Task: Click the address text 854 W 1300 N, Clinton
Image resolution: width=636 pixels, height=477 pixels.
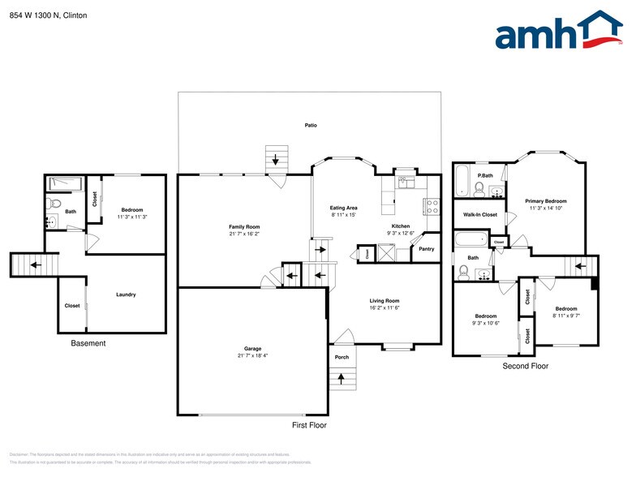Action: [48, 15]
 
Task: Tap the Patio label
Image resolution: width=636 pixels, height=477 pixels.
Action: [311, 125]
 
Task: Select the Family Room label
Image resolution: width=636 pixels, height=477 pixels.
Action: [244, 226]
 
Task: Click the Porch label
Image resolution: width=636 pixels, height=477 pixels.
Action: [342, 357]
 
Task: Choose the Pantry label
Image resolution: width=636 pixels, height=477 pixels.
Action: [426, 249]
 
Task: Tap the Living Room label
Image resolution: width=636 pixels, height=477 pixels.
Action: [385, 301]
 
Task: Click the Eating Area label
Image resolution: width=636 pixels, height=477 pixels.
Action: [343, 208]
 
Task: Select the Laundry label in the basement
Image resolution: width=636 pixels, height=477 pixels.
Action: [126, 294]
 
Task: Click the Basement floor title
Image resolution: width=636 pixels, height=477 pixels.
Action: [88, 343]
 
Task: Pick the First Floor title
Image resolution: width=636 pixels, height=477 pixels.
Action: [309, 425]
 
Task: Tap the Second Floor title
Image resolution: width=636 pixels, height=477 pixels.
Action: [526, 366]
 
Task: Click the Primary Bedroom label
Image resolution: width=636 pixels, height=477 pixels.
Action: [545, 200]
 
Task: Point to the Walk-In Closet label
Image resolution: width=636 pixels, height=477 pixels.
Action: [479, 214]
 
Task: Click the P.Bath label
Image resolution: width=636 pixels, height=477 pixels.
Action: [486, 175]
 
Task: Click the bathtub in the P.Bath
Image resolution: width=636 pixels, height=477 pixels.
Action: [462, 180]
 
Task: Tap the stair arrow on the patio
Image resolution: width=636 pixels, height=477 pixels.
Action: [277, 158]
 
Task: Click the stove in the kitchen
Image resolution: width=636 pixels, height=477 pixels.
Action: [432, 206]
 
